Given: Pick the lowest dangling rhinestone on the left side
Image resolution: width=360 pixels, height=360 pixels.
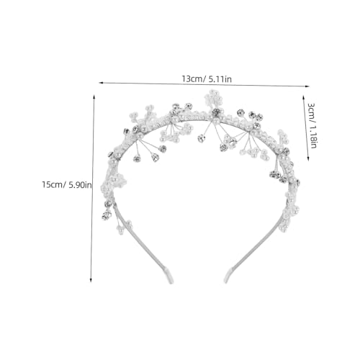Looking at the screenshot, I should [x=107, y=215].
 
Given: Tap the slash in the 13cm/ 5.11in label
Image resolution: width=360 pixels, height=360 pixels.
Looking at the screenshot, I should [x=204, y=78].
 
